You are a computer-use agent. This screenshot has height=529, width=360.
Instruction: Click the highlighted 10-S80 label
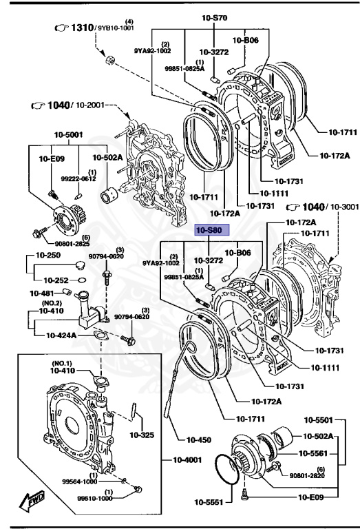[x=213, y=231]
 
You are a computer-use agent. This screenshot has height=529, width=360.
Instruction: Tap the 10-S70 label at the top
[x=214, y=18]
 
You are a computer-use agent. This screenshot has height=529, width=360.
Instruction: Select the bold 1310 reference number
[x=82, y=28]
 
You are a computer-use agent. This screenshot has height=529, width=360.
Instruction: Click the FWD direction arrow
[x=32, y=500]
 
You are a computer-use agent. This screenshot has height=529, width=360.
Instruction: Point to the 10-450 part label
[x=198, y=439]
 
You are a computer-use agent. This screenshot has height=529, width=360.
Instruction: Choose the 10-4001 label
[x=187, y=459]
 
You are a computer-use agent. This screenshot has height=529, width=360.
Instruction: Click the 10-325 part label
[x=142, y=435]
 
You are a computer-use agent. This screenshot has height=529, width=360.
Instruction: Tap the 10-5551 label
[x=209, y=502]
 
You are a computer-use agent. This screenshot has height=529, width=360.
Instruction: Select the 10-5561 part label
[x=313, y=453]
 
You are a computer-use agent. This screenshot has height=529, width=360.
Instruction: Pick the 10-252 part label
[x=56, y=280]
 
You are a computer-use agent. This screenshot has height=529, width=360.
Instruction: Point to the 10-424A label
[x=61, y=335]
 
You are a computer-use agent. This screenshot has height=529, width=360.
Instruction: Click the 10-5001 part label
[x=68, y=134]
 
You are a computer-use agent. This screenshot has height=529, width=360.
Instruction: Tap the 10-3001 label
[x=344, y=207]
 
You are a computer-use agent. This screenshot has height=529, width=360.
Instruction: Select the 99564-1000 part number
[x=80, y=481]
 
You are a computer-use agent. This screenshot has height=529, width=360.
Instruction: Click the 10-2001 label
[x=90, y=105]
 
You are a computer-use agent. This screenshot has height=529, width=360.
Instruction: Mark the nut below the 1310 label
[x=110, y=61]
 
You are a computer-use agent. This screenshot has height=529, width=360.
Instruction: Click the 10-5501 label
[x=318, y=420]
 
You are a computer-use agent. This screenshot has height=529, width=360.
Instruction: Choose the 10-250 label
[x=48, y=255]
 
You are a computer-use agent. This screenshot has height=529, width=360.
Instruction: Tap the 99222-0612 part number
[x=78, y=179]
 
